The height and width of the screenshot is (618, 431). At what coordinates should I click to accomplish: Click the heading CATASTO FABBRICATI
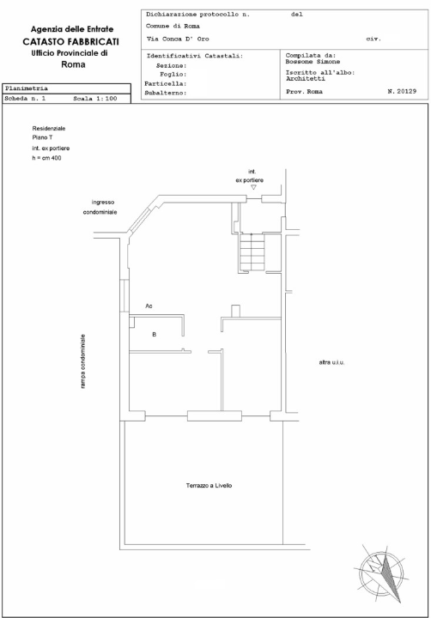(x=71, y=41)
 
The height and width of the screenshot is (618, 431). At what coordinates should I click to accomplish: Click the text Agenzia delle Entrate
(x=71, y=29)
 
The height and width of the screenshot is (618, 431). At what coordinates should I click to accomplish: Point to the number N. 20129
(x=402, y=89)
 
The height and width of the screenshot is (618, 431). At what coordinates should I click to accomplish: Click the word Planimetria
(x=27, y=88)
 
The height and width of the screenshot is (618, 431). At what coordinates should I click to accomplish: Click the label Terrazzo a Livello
(x=209, y=487)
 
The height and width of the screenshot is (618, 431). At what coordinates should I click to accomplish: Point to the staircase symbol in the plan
(x=254, y=253)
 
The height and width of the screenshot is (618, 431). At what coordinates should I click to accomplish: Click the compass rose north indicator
(x=381, y=571)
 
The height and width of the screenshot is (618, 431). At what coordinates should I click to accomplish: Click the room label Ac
(x=149, y=306)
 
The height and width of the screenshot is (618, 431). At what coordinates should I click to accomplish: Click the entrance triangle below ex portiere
(x=253, y=187)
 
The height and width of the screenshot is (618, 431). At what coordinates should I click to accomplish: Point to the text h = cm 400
(x=46, y=158)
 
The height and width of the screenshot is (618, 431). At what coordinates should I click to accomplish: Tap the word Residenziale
(x=49, y=128)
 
